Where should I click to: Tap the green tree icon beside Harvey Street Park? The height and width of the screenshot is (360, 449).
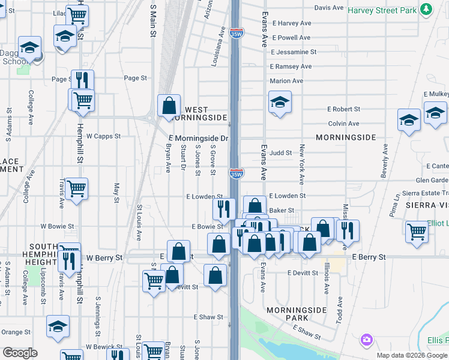[426, 10]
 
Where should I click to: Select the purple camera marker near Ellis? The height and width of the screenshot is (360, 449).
[367, 341]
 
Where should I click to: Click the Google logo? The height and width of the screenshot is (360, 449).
[20, 353]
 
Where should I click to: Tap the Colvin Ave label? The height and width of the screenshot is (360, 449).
[343, 124]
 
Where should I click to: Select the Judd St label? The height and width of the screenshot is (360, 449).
[280, 153]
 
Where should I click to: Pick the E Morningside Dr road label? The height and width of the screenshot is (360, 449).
[197, 139]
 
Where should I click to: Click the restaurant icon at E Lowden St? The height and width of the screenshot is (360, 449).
[223, 209]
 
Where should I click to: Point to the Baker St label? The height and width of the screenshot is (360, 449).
[282, 211]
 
